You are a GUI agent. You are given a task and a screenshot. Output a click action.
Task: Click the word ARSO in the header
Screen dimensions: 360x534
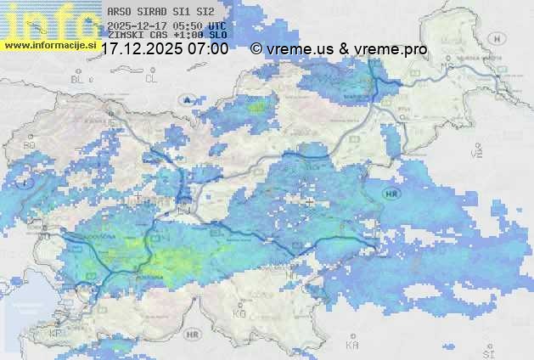click(x=117, y=12)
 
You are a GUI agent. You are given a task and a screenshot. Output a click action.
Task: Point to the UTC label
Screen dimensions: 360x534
click(x=217, y=25)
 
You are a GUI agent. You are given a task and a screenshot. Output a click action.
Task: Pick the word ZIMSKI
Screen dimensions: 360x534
click(x=124, y=35)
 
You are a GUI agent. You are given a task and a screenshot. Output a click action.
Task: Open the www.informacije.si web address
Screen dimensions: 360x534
click(x=49, y=43)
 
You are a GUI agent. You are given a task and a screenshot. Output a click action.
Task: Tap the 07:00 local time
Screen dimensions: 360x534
click(x=209, y=49)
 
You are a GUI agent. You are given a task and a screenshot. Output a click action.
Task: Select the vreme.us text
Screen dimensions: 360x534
click(x=301, y=49)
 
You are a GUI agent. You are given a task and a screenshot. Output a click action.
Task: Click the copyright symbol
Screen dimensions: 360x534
click(x=256, y=49)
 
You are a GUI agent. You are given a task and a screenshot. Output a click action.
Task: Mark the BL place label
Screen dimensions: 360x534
click(x=79, y=78)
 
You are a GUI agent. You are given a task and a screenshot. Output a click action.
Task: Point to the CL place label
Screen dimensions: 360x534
click(x=152, y=78)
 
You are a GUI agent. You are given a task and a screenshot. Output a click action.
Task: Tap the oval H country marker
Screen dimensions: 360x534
click(x=500, y=39)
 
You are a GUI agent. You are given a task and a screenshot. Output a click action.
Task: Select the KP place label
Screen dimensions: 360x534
click(x=56, y=333)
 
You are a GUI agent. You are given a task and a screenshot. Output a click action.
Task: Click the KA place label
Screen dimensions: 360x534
click(x=351, y=345)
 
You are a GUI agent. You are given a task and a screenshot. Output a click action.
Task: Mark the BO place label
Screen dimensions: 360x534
click(x=29, y=145)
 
